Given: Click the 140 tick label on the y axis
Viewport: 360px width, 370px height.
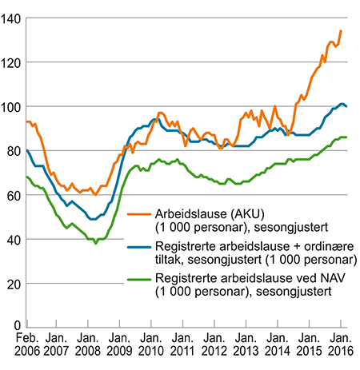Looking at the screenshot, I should tap(11, 18).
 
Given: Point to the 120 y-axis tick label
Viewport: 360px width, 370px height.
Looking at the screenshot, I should tap(11, 62).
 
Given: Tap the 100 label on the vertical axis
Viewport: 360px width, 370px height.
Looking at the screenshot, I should tap(11, 106).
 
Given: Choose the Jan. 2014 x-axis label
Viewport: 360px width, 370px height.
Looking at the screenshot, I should tap(278, 348).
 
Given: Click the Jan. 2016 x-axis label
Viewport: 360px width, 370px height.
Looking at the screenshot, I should tap(341, 348).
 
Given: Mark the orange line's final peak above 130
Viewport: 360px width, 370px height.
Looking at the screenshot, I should tap(341, 31).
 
